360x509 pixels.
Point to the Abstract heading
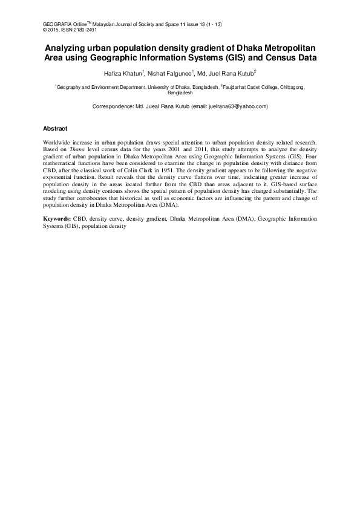[55, 129]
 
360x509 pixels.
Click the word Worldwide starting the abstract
[58, 141]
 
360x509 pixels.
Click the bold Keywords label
[57, 219]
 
